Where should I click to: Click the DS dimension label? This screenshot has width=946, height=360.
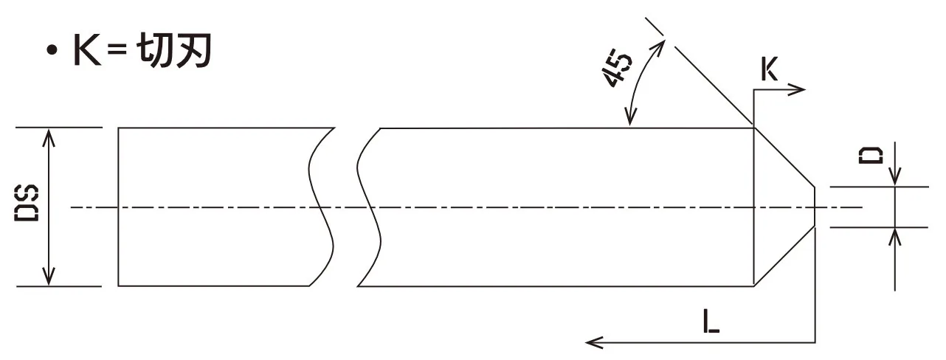(28, 207)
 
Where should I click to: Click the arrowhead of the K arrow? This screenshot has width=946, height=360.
(800, 89)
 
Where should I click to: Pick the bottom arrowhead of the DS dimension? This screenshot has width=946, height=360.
(49, 279)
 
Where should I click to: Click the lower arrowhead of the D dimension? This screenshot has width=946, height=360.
(894, 234)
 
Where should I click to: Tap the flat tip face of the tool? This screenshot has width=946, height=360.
(814, 207)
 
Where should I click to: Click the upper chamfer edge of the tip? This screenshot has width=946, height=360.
(784, 157)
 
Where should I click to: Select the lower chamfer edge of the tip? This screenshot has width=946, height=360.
(784, 256)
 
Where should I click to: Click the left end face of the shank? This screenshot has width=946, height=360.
(119, 207)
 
